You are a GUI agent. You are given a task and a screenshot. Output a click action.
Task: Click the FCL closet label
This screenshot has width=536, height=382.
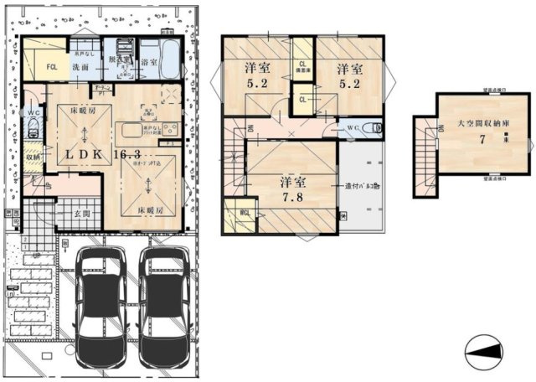point(52,66)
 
